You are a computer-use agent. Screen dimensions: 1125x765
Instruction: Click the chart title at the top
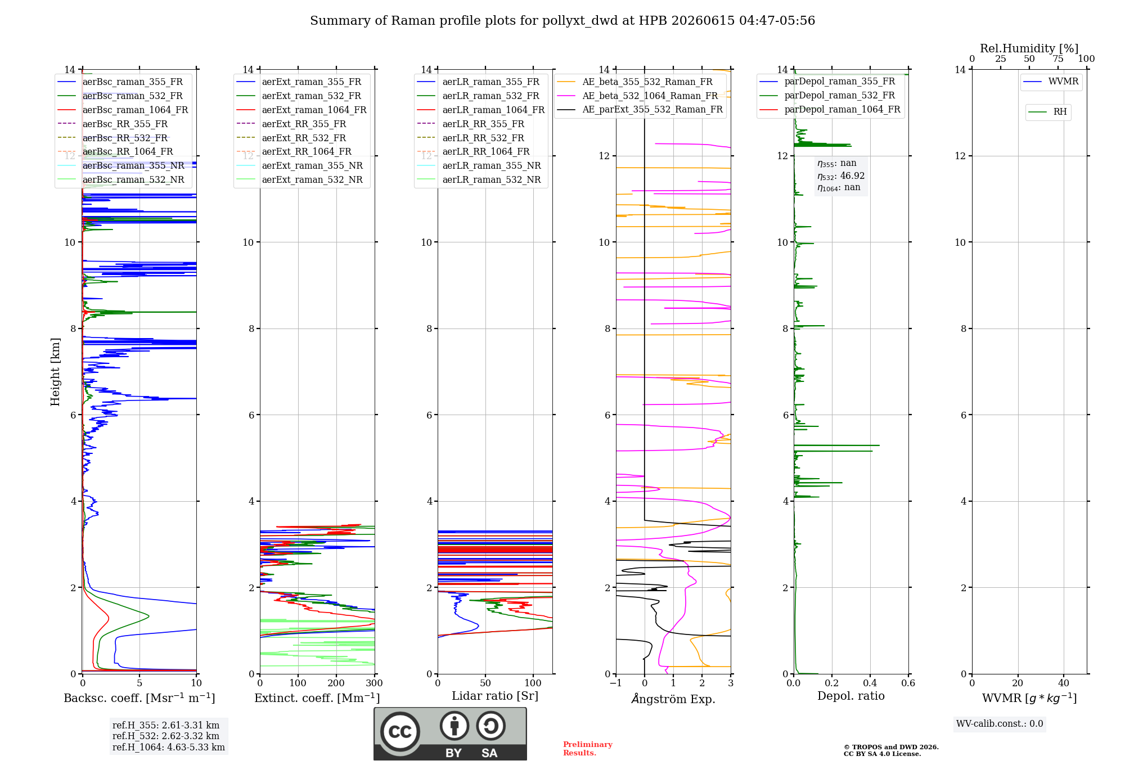[562, 21]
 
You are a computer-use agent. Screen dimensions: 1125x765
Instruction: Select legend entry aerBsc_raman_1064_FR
[135, 110]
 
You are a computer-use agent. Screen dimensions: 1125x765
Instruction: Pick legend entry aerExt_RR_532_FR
[304, 138]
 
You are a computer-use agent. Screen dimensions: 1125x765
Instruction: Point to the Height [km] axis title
[55, 372]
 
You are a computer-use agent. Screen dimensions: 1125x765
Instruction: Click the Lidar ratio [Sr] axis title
[495, 696]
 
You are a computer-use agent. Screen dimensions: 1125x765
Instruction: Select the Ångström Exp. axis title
[673, 699]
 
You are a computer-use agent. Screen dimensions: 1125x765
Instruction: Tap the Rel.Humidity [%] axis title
[1029, 48]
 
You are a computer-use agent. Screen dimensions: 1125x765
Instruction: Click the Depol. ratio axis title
[851, 696]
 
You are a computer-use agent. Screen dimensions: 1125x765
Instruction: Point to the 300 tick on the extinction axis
[375, 683]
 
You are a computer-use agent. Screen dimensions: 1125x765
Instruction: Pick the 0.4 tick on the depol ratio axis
[870, 683]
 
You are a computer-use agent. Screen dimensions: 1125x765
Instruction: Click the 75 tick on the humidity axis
[1058, 59]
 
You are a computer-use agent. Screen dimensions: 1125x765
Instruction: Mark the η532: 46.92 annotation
[841, 175]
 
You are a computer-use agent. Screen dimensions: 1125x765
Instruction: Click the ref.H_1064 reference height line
[169, 747]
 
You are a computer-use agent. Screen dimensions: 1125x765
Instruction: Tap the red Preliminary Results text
[588, 749]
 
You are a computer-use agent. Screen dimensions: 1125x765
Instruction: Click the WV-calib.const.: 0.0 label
[1000, 724]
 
